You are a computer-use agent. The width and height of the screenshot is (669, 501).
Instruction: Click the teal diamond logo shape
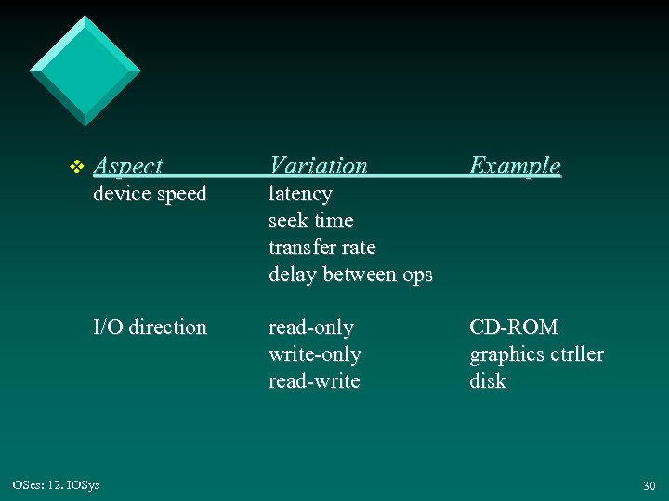tap(85, 71)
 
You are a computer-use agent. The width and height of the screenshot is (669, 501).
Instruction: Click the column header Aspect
tap(128, 166)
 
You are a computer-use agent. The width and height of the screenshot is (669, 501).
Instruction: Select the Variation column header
tap(318, 166)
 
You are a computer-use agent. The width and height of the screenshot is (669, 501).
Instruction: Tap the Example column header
tap(515, 166)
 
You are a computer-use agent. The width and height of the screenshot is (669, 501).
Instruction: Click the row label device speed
tap(150, 194)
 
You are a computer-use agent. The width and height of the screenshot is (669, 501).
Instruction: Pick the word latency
tap(300, 194)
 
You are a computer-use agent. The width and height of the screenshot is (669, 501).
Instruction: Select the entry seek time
tap(310, 221)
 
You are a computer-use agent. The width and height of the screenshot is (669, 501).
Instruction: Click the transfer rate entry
tap(321, 248)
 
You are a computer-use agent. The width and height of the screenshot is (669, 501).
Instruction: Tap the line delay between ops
tap(350, 275)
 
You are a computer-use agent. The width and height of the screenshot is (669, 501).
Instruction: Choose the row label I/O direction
tap(150, 328)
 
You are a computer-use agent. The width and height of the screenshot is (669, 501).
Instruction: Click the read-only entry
tap(310, 328)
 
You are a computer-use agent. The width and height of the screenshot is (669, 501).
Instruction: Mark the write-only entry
tap(314, 354)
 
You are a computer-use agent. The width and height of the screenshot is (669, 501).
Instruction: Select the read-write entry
tap(313, 381)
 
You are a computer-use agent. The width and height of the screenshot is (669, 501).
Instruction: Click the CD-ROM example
tap(514, 328)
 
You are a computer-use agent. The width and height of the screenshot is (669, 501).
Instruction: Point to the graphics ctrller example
tap(536, 354)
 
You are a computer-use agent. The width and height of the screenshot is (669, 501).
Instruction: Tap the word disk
tap(488, 381)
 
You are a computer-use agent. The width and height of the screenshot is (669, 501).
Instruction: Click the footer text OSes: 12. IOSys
tap(58, 484)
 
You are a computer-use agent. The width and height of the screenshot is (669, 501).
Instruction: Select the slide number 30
tap(648, 485)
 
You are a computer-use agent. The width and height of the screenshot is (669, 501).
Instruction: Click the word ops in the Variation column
tap(415, 276)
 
